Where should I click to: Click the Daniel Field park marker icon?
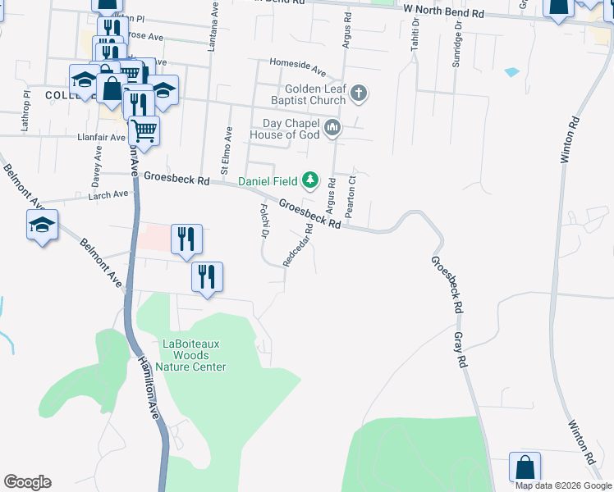pyautogui.click(x=309, y=180)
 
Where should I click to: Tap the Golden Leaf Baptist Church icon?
pyautogui.click(x=358, y=94)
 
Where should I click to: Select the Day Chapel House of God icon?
pyautogui.click(x=332, y=127)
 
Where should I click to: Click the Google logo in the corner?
pyautogui.click(x=27, y=482)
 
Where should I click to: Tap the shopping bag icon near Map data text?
pyautogui.click(x=525, y=468)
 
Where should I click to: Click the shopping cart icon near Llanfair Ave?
pyautogui.click(x=144, y=130)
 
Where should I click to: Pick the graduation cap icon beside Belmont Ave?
pyautogui.click(x=43, y=226)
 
